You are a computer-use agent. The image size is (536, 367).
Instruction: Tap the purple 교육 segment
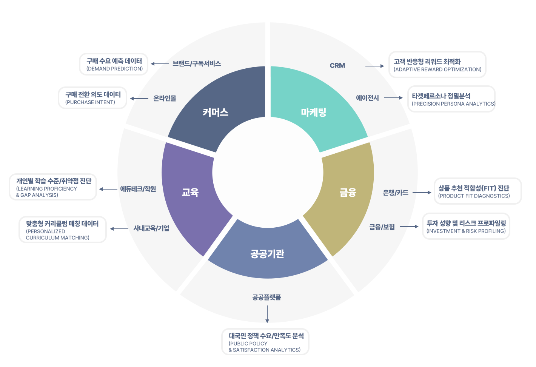tap(190, 193)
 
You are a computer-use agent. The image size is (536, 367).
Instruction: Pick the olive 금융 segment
tap(348, 193)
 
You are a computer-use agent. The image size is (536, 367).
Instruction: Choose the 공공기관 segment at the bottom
tap(267, 254)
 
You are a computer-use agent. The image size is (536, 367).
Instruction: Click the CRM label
tap(337, 66)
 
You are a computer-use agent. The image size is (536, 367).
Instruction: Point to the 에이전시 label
tap(367, 98)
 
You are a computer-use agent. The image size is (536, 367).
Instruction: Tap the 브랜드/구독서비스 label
tap(197, 64)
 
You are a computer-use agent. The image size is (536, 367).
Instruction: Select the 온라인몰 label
tap(165, 99)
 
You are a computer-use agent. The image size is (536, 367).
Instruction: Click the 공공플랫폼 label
tap(267, 298)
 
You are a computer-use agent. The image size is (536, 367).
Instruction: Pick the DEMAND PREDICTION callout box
tap(114, 64)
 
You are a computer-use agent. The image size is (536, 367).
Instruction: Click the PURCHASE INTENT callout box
tap(92, 98)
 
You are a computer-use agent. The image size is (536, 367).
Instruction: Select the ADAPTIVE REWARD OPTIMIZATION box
tap(437, 65)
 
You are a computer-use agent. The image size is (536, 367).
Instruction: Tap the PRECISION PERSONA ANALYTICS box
tap(451, 99)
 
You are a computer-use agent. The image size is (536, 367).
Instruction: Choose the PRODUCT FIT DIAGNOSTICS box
tap(477, 191)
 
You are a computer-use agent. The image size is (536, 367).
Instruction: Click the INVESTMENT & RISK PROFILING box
tap(466, 227)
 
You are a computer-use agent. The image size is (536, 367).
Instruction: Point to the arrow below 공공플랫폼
tap(267, 314)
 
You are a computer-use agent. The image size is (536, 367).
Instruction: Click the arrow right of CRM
tap(374, 66)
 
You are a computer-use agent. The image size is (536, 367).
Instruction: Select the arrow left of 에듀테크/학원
tap(108, 189)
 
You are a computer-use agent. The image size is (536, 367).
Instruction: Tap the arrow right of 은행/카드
tap(422, 193)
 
